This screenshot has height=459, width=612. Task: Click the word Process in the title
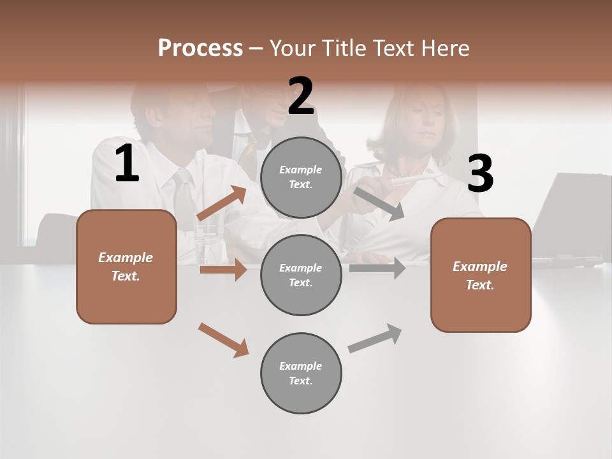(x=200, y=48)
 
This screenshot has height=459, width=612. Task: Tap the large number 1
(x=127, y=164)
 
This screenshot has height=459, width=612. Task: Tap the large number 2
(x=301, y=96)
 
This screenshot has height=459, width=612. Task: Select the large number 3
(x=480, y=174)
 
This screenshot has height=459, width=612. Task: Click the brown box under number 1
(x=126, y=266)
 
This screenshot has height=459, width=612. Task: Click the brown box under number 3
(x=481, y=275)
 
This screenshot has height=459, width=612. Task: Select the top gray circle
(x=301, y=177)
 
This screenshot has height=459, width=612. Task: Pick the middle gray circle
(x=301, y=275)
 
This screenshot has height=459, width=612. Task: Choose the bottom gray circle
(x=301, y=373)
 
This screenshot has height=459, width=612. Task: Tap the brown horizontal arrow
(x=223, y=270)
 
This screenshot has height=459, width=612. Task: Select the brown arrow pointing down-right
(x=224, y=340)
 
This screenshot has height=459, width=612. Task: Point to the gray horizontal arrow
(x=377, y=268)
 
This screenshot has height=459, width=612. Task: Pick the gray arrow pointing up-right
(x=375, y=338)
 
